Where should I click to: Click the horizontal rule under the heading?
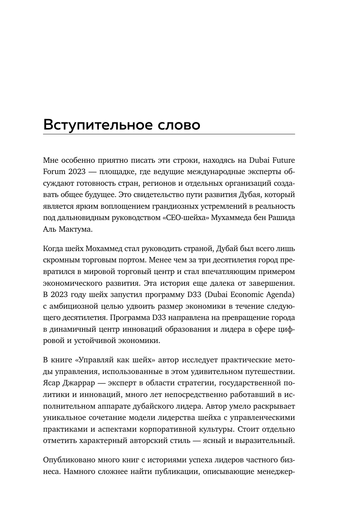[x=169, y=134]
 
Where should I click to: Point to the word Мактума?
[x=76, y=230]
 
